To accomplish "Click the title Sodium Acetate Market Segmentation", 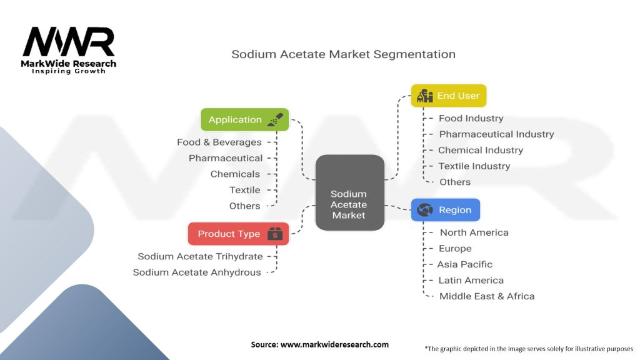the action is coord(343,54).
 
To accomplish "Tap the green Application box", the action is coord(244,119).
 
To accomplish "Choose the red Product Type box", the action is coord(238,234).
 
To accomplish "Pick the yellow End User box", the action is coord(448,96).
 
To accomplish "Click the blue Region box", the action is coord(445,210).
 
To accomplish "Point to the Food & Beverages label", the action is coord(219,142).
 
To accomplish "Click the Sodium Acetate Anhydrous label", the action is coord(197,272).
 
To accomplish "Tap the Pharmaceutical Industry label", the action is coord(496,134).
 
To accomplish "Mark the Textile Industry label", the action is coord(474,166).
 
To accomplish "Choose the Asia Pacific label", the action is coord(464,264).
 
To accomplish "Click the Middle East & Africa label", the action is coord(487,296).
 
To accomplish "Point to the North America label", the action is coord(474,232).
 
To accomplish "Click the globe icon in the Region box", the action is coord(425,210).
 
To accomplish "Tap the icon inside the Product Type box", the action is coord(275,234).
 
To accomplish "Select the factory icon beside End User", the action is coord(425,96).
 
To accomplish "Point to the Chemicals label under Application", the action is coord(235,174).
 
